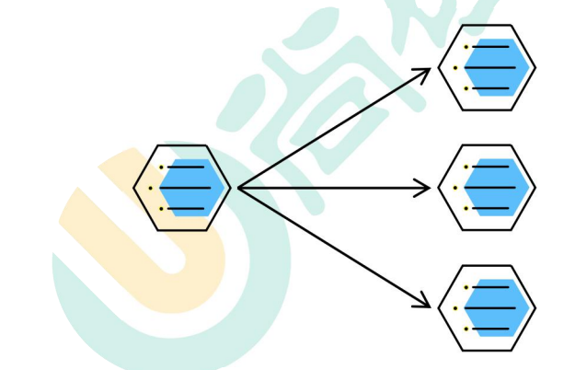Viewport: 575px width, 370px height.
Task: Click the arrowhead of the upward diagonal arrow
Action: click(x=426, y=72)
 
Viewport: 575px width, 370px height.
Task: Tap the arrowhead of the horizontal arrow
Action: click(x=425, y=188)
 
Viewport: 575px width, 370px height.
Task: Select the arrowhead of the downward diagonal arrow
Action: click(x=426, y=304)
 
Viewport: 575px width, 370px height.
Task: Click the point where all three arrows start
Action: click(x=238, y=188)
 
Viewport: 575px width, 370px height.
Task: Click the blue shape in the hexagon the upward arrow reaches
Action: click(x=498, y=67)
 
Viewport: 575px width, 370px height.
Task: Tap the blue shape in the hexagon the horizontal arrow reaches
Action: click(x=498, y=187)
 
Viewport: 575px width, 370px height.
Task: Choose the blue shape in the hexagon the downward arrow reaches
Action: click(x=498, y=307)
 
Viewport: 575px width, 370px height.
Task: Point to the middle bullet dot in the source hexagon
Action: click(x=151, y=188)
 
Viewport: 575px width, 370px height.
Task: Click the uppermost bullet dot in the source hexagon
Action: click(x=161, y=168)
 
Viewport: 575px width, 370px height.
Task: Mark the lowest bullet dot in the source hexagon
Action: click(x=161, y=209)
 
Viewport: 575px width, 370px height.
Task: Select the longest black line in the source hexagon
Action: click(x=184, y=188)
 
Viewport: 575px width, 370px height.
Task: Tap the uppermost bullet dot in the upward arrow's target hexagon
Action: click(x=466, y=47)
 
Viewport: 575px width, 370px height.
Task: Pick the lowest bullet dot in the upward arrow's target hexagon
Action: click(x=466, y=88)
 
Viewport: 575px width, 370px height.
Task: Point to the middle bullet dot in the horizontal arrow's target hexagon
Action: click(x=455, y=188)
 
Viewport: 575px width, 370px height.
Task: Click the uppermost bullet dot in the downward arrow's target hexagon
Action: click(x=466, y=287)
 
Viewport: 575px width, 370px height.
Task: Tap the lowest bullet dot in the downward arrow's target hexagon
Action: click(x=466, y=329)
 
